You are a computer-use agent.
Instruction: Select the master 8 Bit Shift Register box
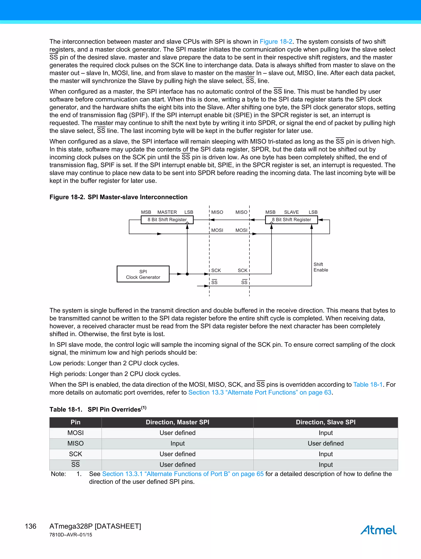pos(167,220)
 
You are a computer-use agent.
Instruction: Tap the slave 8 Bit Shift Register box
pos(291,220)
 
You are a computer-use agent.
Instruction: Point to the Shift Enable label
pos(321,267)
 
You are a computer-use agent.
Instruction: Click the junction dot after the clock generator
pos(187,274)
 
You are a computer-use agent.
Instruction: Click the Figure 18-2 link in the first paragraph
pos(276,42)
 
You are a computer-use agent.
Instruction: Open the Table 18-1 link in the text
pos(368,384)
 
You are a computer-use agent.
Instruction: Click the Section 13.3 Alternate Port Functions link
pos(260,392)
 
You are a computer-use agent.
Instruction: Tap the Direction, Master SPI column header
pos(177,422)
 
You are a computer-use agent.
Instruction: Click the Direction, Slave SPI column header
pos(325,422)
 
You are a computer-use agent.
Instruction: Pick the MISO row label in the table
pos(75,443)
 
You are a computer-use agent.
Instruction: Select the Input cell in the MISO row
pos(177,443)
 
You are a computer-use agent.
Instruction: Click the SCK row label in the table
pos(75,454)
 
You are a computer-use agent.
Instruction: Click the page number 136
pos(31,526)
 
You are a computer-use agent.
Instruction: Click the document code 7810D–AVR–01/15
pos(71,535)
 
